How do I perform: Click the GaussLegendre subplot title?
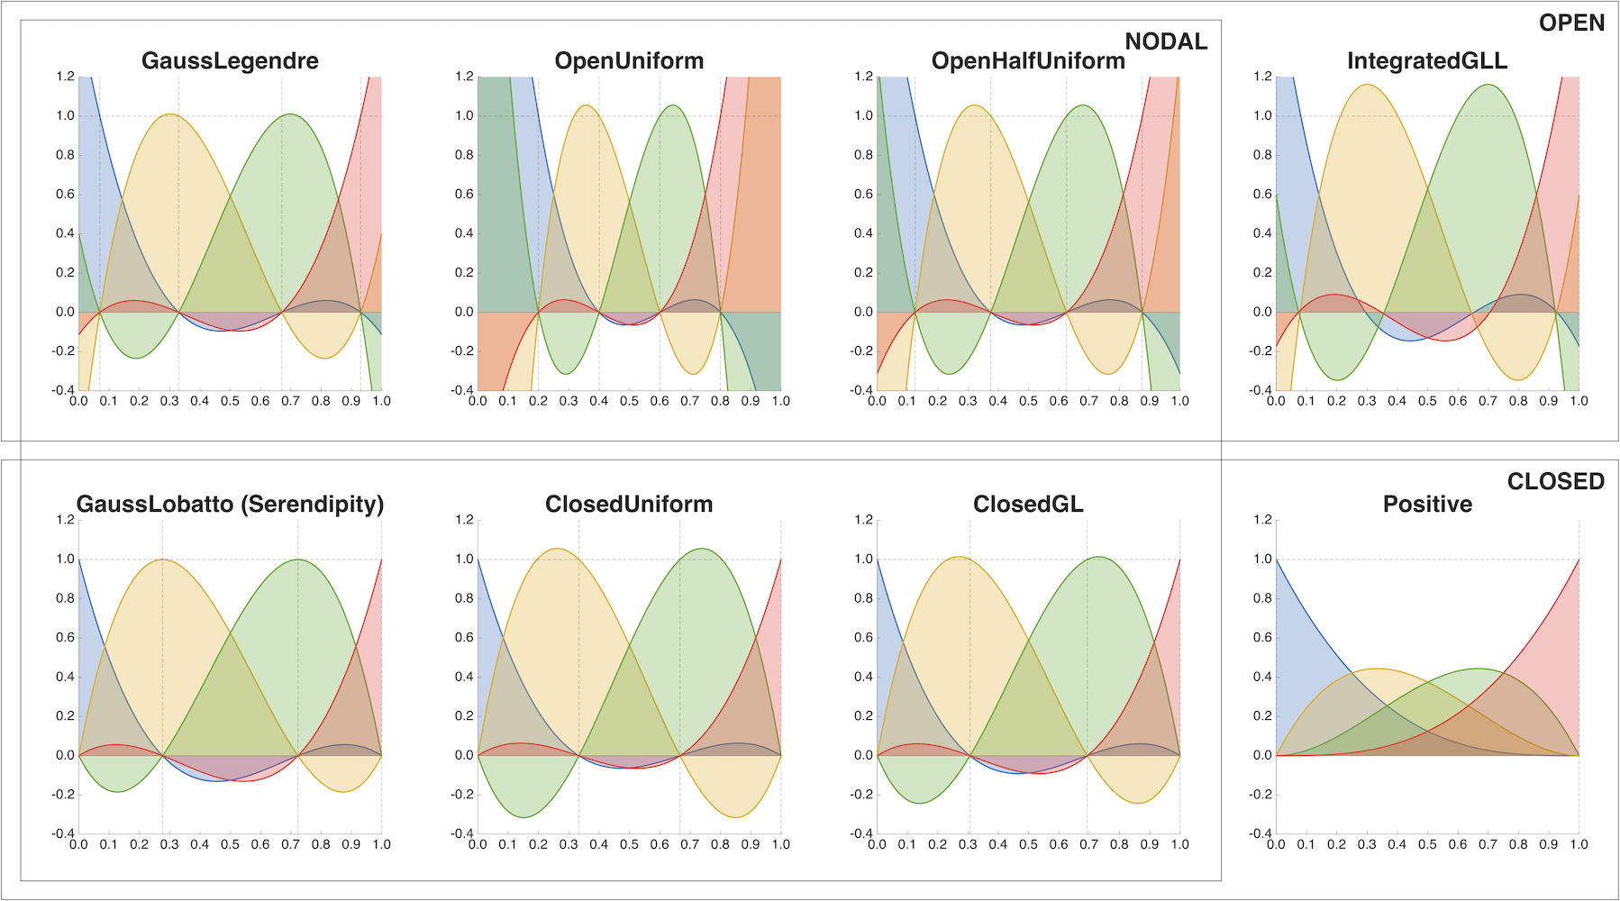tap(230, 61)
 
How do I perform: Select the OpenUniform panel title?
tap(629, 61)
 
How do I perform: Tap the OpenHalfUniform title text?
tap(1028, 61)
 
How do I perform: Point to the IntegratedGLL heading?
tap(1427, 61)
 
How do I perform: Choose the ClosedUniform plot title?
tap(629, 505)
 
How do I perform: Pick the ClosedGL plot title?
tap(1028, 505)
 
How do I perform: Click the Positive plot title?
tap(1427, 505)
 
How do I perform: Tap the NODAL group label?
tap(1166, 41)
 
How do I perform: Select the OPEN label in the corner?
tap(1571, 23)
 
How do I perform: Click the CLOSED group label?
tap(1555, 482)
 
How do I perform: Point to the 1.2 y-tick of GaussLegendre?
tap(65, 77)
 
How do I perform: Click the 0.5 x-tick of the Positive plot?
tap(1427, 845)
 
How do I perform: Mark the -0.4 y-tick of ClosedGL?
tap(861, 833)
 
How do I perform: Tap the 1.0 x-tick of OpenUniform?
tap(780, 402)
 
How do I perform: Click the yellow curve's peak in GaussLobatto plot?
tap(163, 560)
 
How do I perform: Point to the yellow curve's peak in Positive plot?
tap(1376, 669)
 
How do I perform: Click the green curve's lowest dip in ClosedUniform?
tap(523, 817)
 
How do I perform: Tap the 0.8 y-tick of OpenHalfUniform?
tap(864, 155)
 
